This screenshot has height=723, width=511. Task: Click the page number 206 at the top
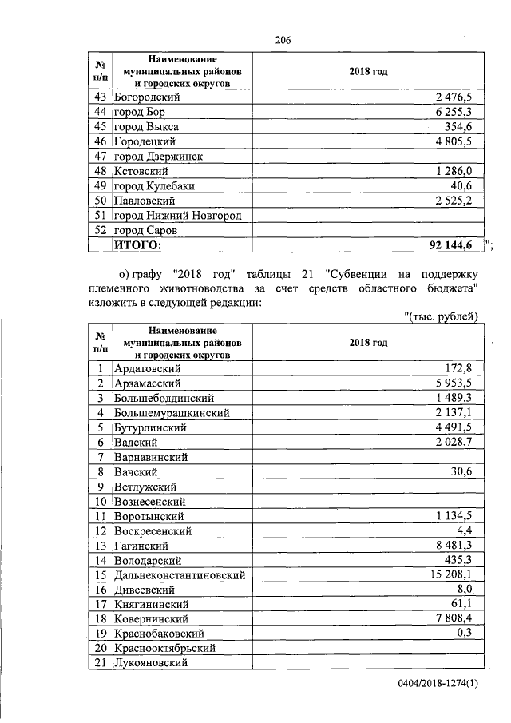tap(281, 40)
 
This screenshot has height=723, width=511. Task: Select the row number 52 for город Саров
tap(101, 230)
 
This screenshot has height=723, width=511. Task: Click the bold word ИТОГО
tap(139, 245)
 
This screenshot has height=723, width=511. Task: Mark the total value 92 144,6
tap(450, 245)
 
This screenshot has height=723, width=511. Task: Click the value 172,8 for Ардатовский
tap(459, 368)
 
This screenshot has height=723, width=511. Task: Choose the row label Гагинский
tap(141, 546)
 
